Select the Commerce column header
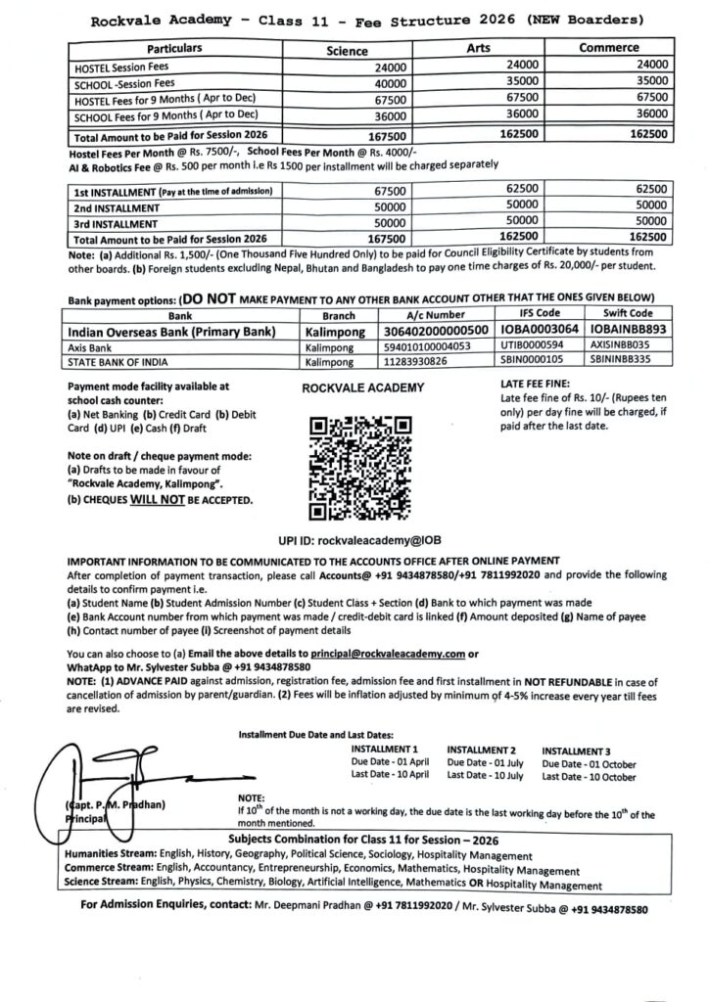608,47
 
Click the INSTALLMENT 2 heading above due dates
482,749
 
